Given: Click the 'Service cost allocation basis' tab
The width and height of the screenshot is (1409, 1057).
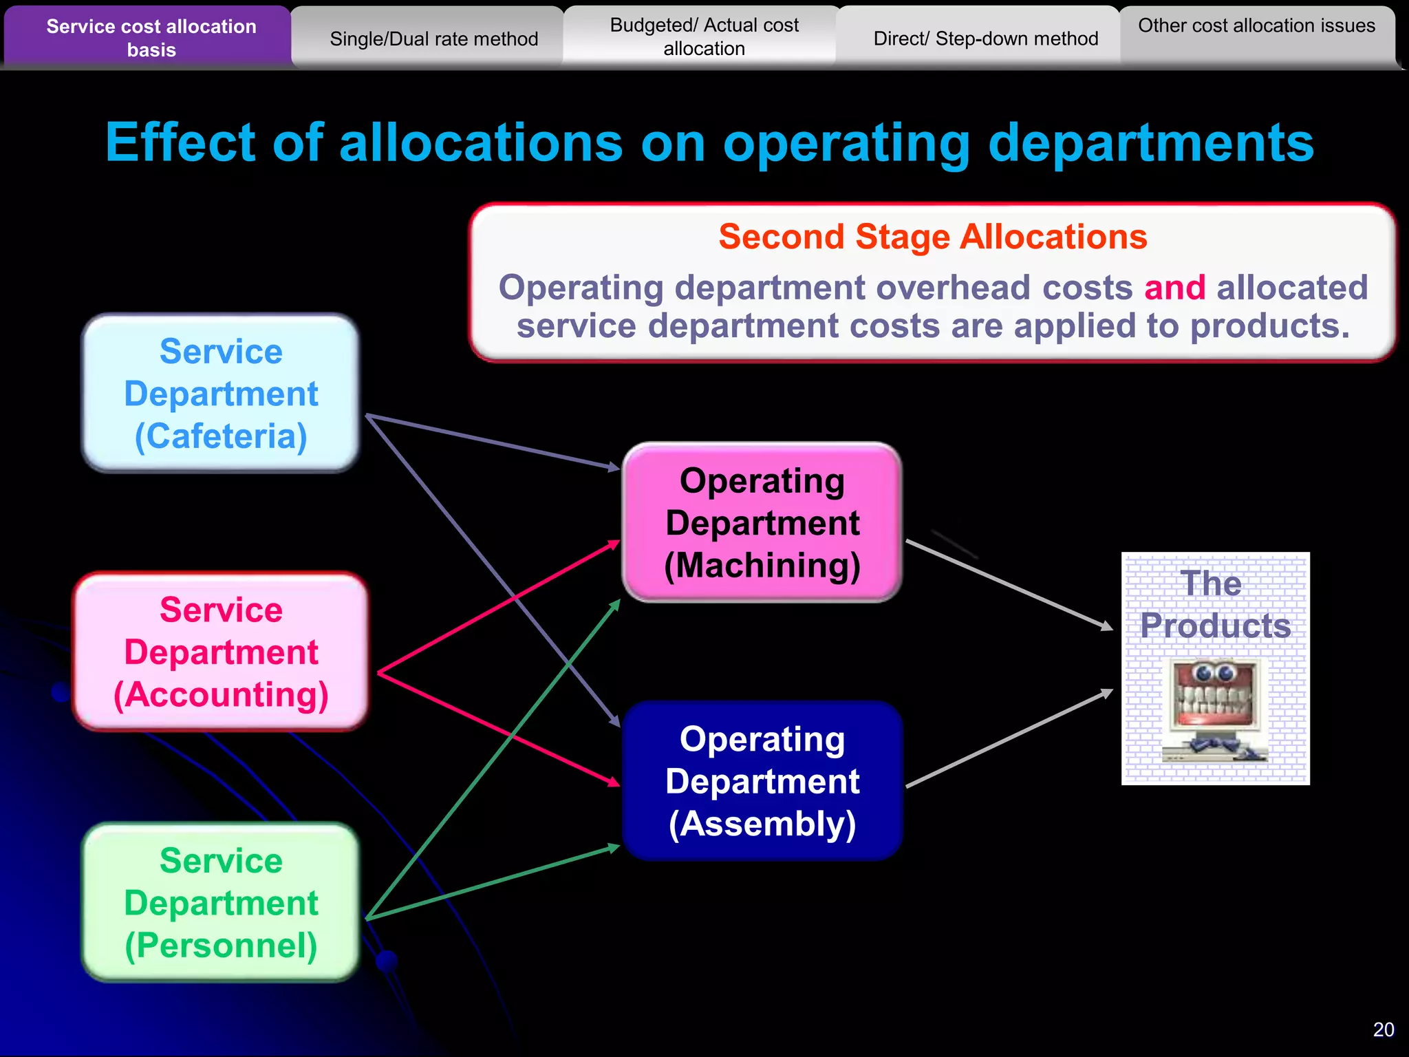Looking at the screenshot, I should [x=151, y=38].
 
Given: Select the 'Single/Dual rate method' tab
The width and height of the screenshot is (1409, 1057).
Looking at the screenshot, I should [x=433, y=39].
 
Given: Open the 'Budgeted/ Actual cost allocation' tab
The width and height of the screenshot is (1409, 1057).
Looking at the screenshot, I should [x=704, y=37].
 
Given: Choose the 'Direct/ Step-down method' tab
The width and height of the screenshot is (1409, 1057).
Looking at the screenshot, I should [x=985, y=39].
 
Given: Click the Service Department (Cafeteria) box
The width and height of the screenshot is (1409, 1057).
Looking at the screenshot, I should [x=221, y=394].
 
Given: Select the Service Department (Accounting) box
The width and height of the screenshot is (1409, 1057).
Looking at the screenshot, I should [x=221, y=652].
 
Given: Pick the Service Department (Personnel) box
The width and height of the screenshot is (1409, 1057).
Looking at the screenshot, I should [x=221, y=902].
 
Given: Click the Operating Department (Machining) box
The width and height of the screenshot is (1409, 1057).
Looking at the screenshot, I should [x=762, y=522].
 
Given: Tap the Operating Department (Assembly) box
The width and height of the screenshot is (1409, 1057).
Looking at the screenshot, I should [x=762, y=781].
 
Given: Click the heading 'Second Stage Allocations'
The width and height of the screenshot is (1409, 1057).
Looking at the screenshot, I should [x=933, y=237].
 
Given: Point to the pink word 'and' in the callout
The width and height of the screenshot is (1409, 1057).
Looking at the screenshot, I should [x=1174, y=288].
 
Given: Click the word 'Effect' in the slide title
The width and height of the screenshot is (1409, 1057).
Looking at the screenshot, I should [x=180, y=142].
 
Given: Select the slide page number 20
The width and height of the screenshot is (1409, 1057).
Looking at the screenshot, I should [x=1383, y=1029].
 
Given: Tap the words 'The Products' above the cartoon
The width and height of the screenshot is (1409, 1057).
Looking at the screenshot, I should [x=1215, y=604].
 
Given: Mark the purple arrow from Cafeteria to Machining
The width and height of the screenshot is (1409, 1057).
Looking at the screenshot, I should [x=492, y=442].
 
